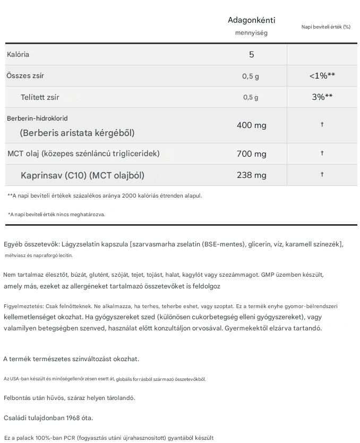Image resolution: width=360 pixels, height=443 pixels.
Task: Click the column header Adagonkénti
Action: tap(251, 21)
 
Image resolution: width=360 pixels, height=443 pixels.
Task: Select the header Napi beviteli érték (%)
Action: tap(326, 27)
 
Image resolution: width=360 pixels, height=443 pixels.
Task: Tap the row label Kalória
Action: tap(18, 55)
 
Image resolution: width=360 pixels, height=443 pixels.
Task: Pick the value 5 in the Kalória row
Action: tap(251, 55)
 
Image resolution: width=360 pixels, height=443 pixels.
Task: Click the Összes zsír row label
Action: tap(25, 76)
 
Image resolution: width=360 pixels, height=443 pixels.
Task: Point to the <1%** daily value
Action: tap(322, 76)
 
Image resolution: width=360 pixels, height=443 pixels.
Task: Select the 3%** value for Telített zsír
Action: tap(322, 97)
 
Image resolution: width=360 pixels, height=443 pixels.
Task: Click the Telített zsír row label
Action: tap(40, 97)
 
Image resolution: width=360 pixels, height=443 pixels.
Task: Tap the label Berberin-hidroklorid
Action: tap(37, 118)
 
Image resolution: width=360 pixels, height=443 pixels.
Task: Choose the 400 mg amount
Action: tap(251, 125)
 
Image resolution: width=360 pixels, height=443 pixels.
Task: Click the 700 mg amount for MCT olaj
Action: tap(251, 154)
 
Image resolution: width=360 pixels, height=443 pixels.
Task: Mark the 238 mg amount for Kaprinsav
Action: tap(251, 175)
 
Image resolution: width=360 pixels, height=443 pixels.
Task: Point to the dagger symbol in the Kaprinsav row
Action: tap(322, 175)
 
